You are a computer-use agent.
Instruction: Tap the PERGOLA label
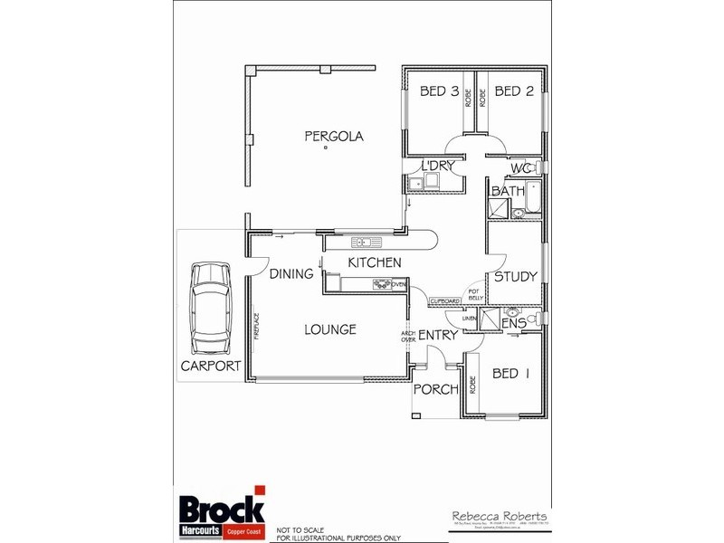[333, 137]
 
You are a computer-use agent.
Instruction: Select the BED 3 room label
[440, 91]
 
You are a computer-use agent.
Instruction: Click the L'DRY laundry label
[436, 167]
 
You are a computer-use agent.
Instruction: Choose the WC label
[519, 169]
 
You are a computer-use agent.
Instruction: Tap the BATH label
[508, 192]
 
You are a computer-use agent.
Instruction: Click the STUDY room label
[516, 277]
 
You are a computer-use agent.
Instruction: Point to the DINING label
[291, 274]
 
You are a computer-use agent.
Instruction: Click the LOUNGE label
[329, 329]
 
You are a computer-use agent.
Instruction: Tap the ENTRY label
[438, 336]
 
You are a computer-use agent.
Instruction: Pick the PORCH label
[433, 390]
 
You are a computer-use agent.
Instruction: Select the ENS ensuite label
[514, 322]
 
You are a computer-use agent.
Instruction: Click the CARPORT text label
[210, 367]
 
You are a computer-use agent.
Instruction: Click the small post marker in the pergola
[325, 159]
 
